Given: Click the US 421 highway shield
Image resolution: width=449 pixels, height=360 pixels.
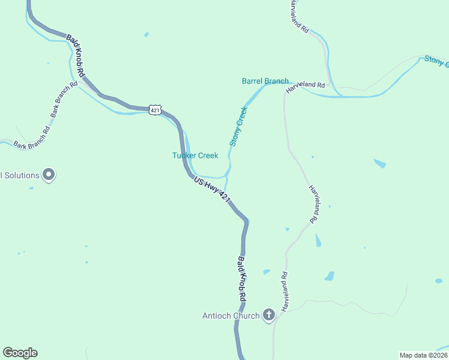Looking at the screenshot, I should pyautogui.click(x=155, y=110).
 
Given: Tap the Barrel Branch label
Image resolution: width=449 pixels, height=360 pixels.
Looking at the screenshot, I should pyautogui.click(x=265, y=81).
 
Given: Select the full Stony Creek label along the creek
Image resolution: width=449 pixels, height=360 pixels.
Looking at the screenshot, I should pyautogui.click(x=238, y=126).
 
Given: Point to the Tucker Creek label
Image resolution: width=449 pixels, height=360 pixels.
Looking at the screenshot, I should pyautogui.click(x=195, y=155).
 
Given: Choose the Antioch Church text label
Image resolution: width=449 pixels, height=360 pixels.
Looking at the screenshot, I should pyautogui.click(x=231, y=316).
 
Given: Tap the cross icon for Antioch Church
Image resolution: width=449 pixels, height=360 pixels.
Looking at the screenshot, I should pyautogui.click(x=269, y=314).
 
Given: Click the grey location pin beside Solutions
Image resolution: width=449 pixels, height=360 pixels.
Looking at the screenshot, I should pyautogui.click(x=49, y=175).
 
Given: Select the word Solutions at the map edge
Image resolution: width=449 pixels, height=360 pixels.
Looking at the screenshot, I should pyautogui.click(x=20, y=175).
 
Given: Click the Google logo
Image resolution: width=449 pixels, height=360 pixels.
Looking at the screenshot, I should pyautogui.click(x=20, y=353).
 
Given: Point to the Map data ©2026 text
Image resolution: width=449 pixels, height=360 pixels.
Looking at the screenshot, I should pyautogui.click(x=424, y=355).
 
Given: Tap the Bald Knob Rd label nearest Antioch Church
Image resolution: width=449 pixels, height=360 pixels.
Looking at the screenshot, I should pyautogui.click(x=242, y=279).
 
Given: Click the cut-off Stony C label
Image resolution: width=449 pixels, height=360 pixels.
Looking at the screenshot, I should pyautogui.click(x=436, y=60).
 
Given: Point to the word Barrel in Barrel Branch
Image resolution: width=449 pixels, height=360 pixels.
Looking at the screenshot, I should pyautogui.click(x=253, y=81).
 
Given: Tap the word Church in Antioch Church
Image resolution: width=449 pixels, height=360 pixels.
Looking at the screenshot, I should pyautogui.click(x=246, y=316).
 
